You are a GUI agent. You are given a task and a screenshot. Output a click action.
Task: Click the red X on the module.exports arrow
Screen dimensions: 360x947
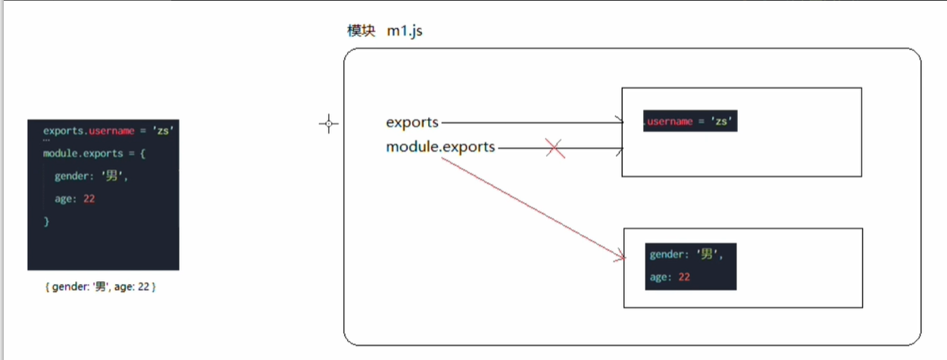(555, 149)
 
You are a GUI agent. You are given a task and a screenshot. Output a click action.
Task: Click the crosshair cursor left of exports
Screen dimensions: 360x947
(328, 124)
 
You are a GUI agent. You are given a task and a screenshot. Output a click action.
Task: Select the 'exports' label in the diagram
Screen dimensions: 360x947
(412, 122)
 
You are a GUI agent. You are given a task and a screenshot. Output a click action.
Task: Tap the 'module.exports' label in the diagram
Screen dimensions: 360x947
(440, 147)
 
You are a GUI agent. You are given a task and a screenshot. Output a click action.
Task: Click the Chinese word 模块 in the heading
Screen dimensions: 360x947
(361, 32)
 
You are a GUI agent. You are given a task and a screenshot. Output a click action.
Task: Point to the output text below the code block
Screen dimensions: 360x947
(101, 288)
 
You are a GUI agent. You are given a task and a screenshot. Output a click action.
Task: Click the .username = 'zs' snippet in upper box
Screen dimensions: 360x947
(690, 121)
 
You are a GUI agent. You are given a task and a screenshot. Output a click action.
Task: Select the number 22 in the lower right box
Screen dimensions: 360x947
(683, 277)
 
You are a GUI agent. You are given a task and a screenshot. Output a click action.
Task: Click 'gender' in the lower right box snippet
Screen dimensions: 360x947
(667, 255)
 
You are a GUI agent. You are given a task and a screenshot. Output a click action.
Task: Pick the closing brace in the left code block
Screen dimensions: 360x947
(46, 221)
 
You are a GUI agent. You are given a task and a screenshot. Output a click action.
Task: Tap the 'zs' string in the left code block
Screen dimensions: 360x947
(164, 130)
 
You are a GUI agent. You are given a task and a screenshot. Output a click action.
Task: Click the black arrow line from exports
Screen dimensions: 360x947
(530, 122)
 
